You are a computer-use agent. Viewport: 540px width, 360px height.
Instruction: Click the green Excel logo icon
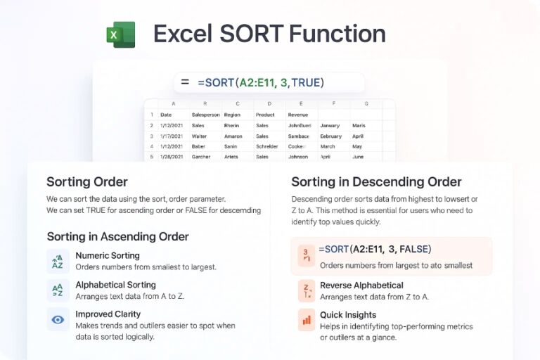pos(120,34)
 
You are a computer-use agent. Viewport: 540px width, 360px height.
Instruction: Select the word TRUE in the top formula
pos(306,83)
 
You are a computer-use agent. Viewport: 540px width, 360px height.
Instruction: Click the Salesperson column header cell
pos(205,115)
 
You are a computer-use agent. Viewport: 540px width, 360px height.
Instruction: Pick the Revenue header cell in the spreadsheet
pos(297,115)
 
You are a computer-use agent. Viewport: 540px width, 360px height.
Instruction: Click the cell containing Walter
pos(200,136)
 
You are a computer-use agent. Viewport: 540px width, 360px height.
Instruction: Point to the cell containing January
pos(330,125)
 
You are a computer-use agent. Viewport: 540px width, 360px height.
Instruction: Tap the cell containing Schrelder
pos(267,146)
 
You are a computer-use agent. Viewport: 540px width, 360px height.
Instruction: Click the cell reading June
pos(358,157)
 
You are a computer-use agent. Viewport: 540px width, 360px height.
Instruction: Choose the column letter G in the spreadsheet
pos(366,103)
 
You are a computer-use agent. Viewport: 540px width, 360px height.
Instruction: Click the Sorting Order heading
pos(87,182)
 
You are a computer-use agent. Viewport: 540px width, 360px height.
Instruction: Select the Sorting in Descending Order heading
pos(376,182)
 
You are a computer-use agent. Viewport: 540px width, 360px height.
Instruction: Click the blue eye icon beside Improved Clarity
pos(58,319)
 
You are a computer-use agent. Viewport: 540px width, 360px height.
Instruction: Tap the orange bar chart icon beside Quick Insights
pos(307,320)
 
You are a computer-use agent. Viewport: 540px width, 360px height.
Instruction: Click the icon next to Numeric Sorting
pos(58,261)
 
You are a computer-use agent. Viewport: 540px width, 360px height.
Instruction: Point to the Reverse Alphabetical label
pos(361,285)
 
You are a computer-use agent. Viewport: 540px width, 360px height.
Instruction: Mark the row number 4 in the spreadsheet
pos(152,146)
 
